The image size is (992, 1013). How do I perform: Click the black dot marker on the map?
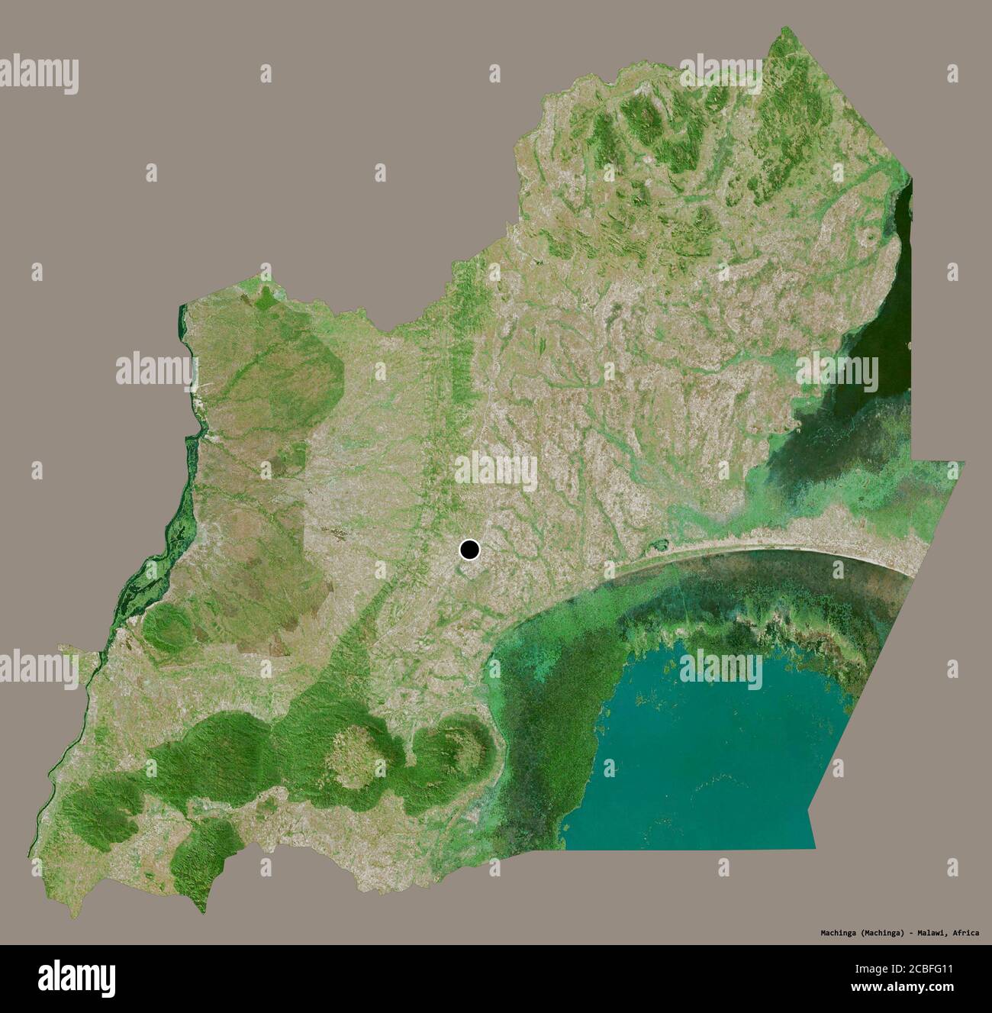pyautogui.click(x=469, y=550)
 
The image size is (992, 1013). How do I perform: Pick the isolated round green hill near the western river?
pyautogui.click(x=163, y=627)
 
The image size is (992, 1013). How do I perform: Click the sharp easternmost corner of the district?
pyautogui.click(x=964, y=462)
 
